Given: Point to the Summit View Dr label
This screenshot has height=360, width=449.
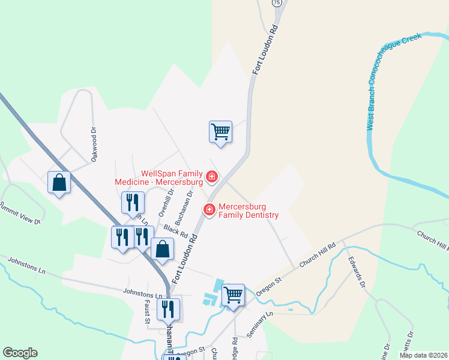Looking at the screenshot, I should [20, 212].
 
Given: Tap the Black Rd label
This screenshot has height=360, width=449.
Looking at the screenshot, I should [176, 230].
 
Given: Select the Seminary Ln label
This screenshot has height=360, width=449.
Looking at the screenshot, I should [259, 323].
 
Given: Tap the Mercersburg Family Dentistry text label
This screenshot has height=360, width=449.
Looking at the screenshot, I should [249, 210].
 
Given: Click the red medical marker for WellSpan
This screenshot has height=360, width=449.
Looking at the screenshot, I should [211, 176].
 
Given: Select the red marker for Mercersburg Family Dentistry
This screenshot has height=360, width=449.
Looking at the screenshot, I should [209, 209].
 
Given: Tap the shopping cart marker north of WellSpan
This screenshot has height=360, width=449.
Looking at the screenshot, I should [221, 131].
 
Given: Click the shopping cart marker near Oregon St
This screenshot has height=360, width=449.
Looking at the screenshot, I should [233, 295].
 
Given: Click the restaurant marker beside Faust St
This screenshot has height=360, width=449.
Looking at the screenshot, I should [168, 309].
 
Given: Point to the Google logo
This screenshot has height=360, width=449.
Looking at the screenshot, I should [20, 353].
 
